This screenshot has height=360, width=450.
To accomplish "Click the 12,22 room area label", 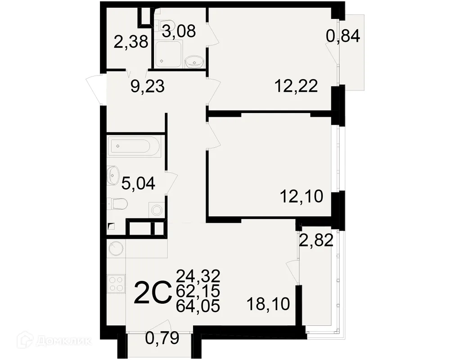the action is tap(296, 86).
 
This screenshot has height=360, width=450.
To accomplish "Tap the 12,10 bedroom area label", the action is tap(301, 196).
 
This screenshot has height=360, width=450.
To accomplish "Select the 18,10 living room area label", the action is tap(268, 304).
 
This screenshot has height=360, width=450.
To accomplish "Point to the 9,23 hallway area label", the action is tap(148, 86).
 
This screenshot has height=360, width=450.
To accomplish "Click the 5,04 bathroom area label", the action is tap(138, 183).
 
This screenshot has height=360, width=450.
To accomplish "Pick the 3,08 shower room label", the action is tap(179, 31).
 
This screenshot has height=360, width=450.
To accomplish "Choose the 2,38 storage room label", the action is tap(131, 42).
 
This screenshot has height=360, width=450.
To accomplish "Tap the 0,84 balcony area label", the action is tap(343, 36).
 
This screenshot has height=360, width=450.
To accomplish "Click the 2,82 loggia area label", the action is tap(316, 240).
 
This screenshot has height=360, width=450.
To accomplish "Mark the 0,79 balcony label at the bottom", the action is tap(162, 338).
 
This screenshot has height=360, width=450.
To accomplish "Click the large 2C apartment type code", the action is tap(152, 293).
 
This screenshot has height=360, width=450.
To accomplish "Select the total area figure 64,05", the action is tap(198, 306).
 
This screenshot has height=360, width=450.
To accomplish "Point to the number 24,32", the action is tap(198, 276).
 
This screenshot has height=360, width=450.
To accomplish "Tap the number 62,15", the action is tap(198, 291).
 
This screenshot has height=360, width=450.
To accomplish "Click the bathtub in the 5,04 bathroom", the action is tap(134, 146).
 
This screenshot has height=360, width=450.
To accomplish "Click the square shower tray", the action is tap(168, 54).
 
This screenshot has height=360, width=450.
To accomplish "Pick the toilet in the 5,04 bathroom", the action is tap(117, 204).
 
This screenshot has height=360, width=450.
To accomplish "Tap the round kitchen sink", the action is tap(116, 248).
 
